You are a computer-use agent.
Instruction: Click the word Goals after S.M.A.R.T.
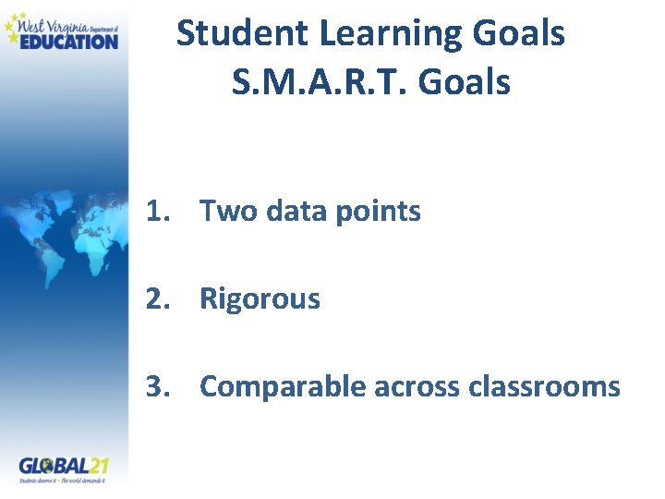(x=465, y=82)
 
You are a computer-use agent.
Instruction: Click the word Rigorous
(x=260, y=299)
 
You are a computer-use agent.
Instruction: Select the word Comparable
(x=282, y=386)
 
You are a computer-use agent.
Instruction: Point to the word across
(x=417, y=386)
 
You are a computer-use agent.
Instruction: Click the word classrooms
(x=544, y=386)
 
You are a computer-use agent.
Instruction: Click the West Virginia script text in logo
(x=54, y=20)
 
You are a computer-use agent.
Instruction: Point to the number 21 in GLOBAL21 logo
(x=98, y=464)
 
